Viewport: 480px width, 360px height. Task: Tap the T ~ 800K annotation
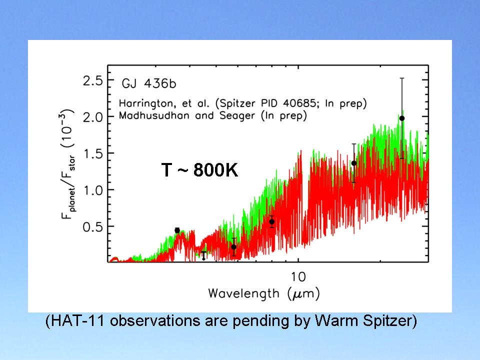click(199, 170)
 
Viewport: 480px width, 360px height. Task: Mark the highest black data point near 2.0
click(402, 118)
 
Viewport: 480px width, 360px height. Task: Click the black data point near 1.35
click(354, 163)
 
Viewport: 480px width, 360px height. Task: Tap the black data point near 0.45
click(177, 230)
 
